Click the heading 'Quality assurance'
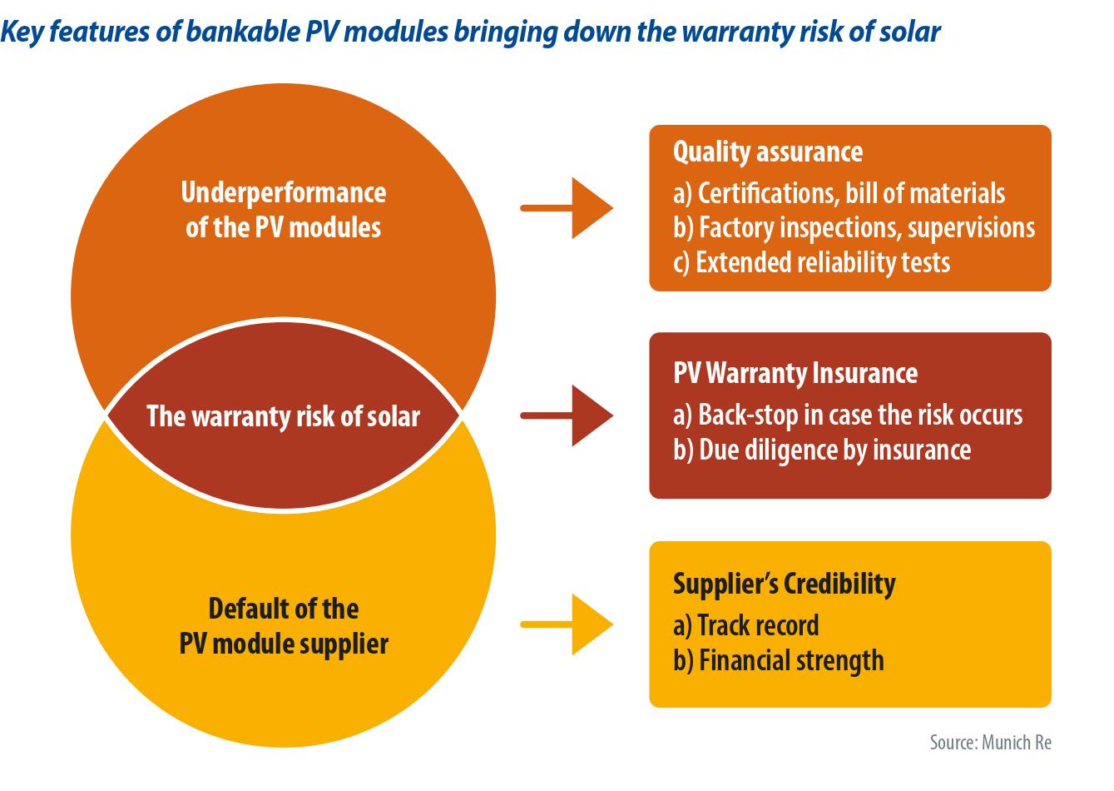click(767, 152)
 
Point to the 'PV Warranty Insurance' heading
click(795, 373)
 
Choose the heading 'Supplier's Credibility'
click(784, 584)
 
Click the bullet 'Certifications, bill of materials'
click(839, 194)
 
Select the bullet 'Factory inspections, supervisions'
click(854, 228)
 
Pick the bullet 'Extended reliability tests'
click(811, 262)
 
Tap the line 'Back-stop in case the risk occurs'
click(847, 415)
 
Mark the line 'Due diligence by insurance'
click(821, 450)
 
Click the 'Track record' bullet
click(745, 625)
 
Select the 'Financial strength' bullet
click(778, 660)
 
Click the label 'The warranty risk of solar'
click(283, 416)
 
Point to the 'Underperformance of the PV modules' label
click(283, 210)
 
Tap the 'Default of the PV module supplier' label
click(283, 626)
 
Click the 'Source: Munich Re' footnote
click(990, 742)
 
